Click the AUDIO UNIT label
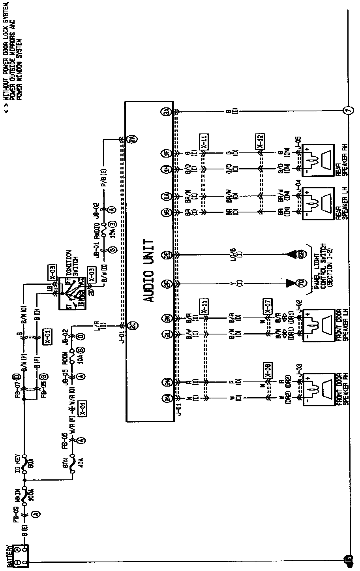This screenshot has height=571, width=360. [x=149, y=270]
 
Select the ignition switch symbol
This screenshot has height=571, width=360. [x=72, y=293]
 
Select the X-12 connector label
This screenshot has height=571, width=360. [x=260, y=141]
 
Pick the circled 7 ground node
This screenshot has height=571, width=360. [x=348, y=111]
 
